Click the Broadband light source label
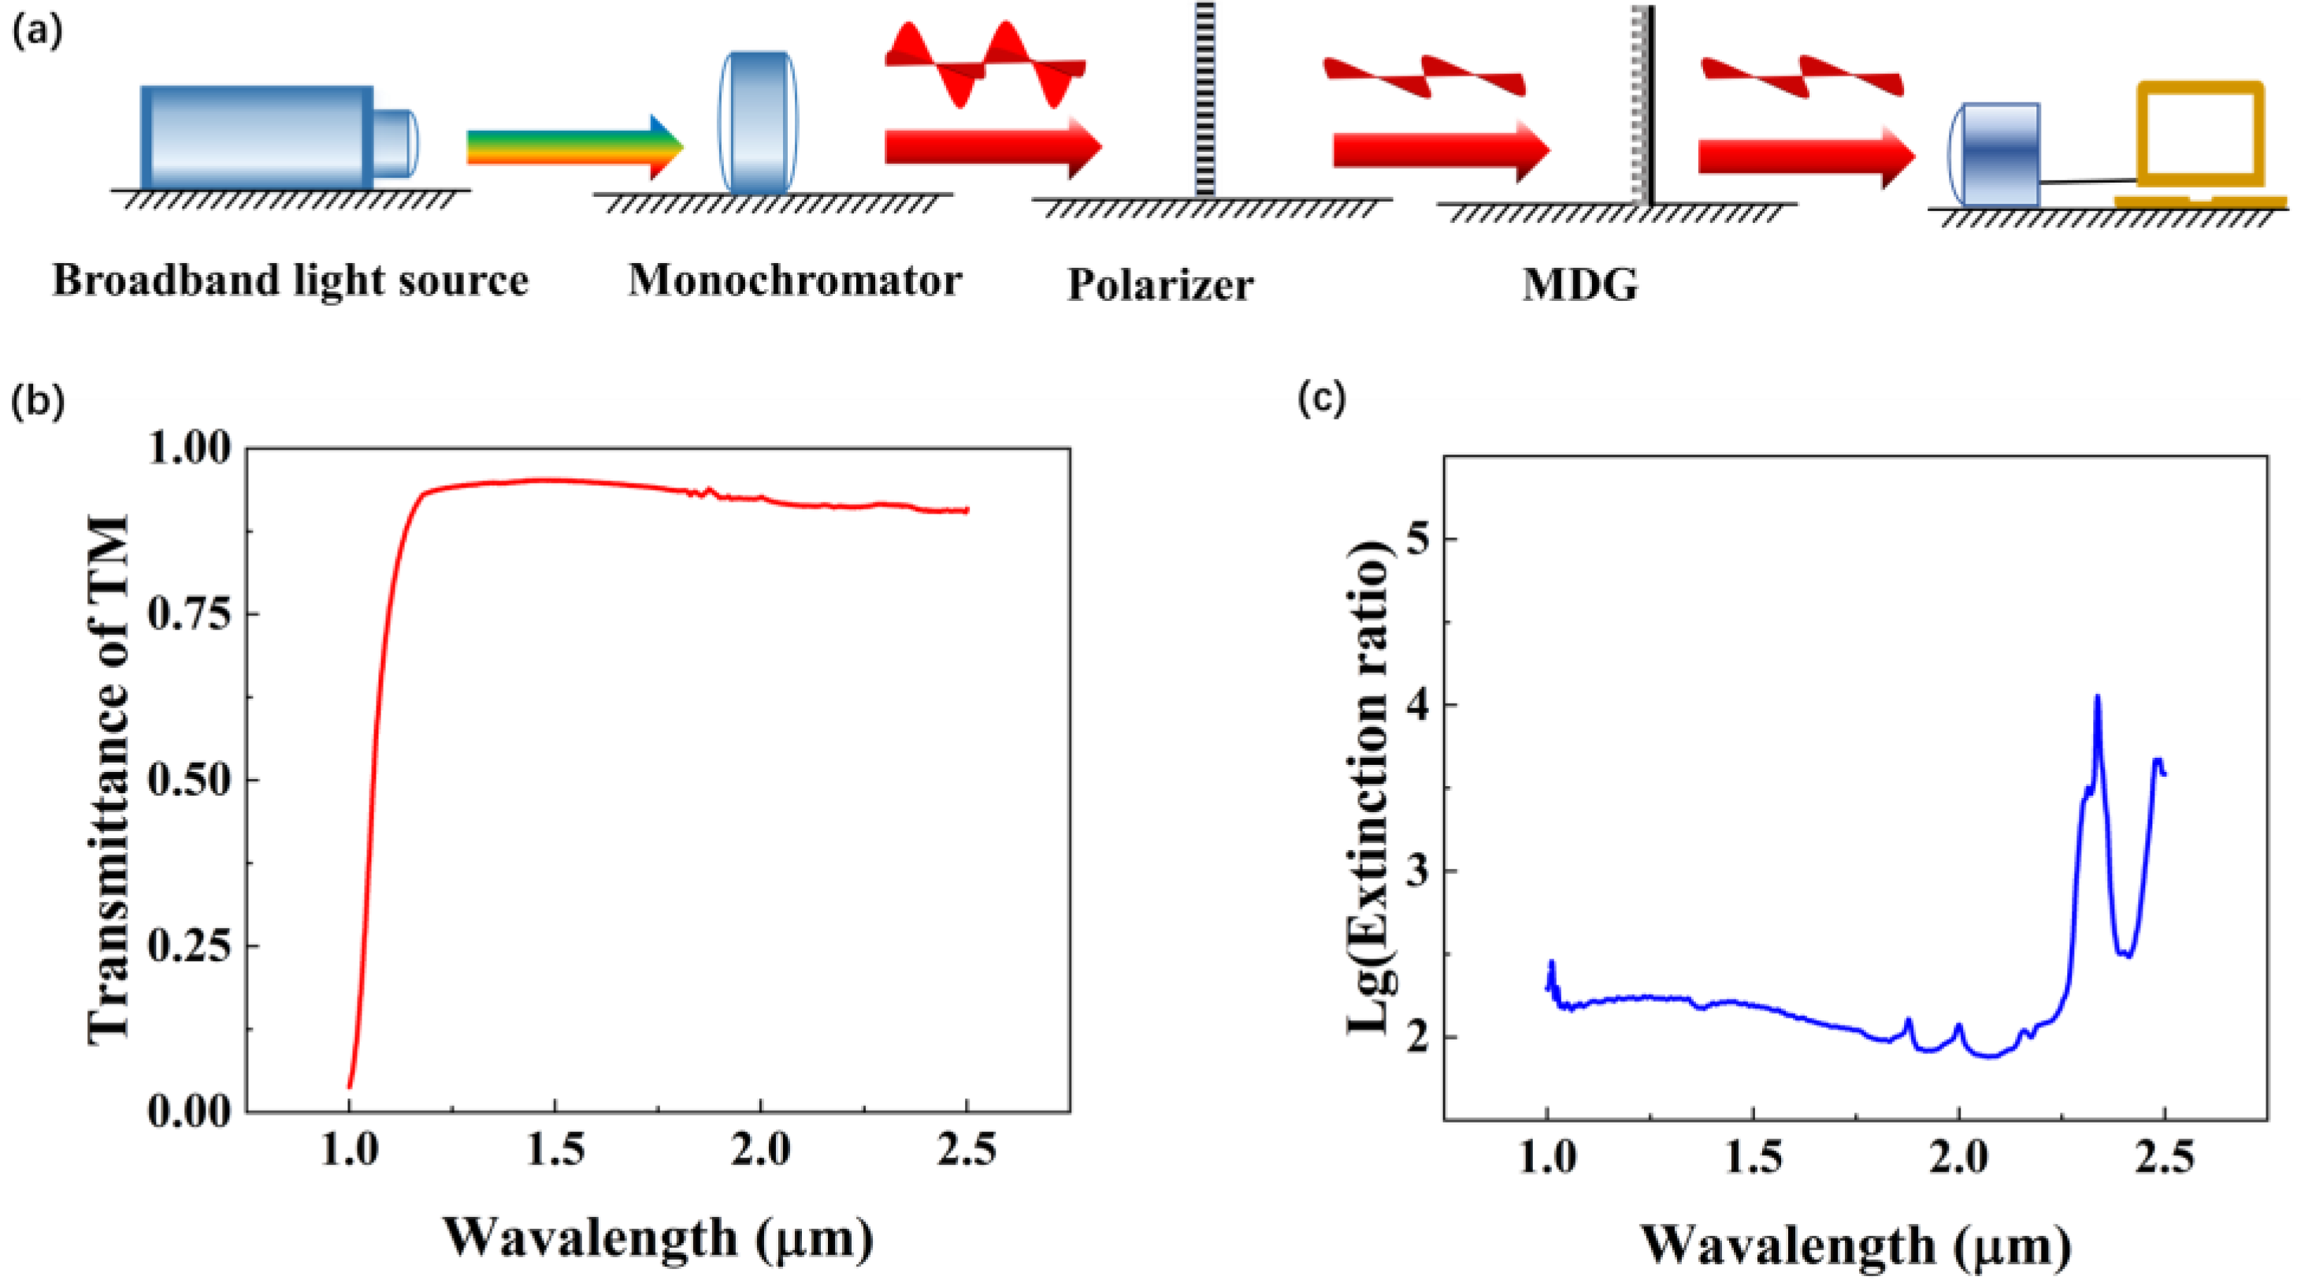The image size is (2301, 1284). [x=291, y=280]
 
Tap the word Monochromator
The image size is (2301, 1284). [x=794, y=280]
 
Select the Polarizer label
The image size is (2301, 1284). [x=1160, y=286]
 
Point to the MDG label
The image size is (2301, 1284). [x=1580, y=286]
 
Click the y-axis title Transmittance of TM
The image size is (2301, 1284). [x=109, y=777]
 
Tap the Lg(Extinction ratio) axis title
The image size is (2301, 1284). [x=1368, y=786]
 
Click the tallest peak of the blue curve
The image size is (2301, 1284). [x=2097, y=698]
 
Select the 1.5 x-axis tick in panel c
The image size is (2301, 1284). [x=1754, y=1159]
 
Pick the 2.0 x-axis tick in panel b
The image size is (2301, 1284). [x=760, y=1150]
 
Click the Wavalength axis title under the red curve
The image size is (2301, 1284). [x=659, y=1238]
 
